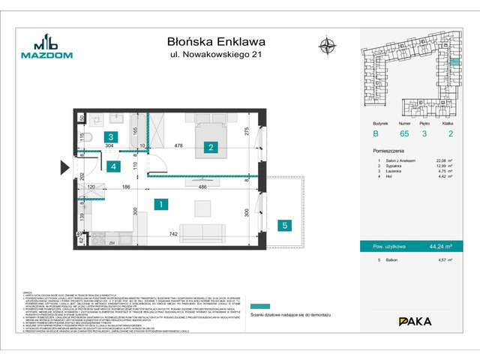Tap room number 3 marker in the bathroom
(110, 136)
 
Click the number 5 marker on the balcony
(284, 224)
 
